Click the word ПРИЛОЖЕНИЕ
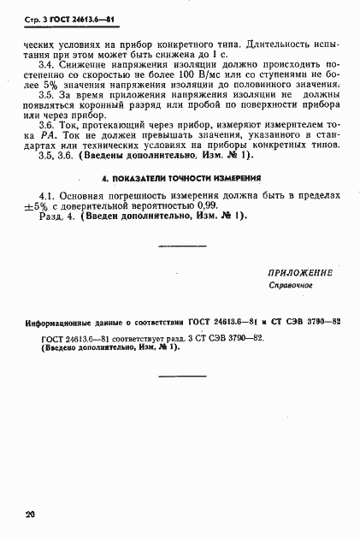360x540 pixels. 299,272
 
